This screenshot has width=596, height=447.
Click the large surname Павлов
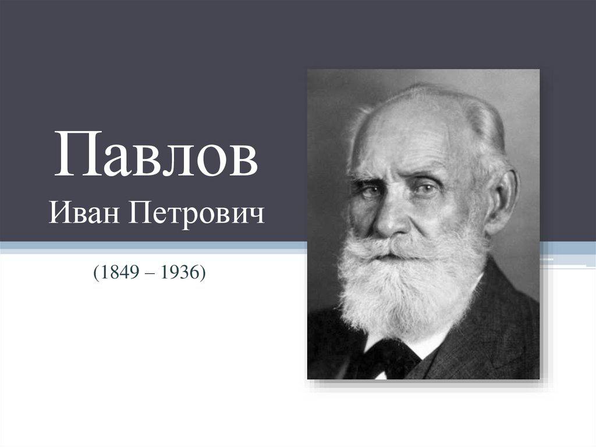[157, 154]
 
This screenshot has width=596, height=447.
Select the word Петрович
[196, 215]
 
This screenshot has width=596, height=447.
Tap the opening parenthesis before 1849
[97, 272]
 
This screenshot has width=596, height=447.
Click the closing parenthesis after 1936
[202, 272]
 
